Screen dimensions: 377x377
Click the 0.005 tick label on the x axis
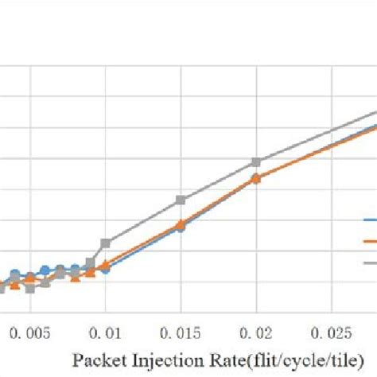coord(29,329)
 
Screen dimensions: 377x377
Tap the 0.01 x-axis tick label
coord(105,329)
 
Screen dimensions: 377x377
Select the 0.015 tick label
coord(181,329)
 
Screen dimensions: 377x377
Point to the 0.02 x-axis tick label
coord(256,329)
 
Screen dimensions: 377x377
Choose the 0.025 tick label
coord(331,329)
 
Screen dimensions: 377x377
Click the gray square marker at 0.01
coord(105,243)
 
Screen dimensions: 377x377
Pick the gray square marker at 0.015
coord(181,200)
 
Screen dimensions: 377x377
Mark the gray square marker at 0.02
coord(256,162)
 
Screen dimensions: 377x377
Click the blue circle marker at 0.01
coord(105,269)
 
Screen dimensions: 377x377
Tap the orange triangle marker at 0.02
coord(256,178)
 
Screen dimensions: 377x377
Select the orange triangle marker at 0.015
coord(181,224)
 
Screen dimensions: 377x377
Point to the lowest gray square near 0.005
coord(29,288)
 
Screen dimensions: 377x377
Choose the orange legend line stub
coord(370,240)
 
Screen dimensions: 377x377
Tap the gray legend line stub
coord(370,262)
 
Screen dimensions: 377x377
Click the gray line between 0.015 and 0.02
coord(219,181)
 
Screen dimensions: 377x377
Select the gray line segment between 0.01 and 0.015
coord(143,221)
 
